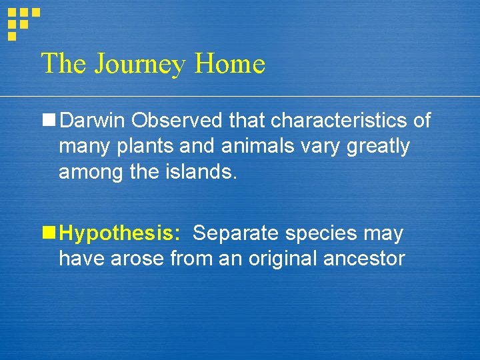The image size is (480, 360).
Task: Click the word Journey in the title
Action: coord(141,65)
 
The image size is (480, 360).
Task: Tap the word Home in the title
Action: coord(230,63)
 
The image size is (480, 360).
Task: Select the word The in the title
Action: coord(64,63)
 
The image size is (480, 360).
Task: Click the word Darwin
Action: coord(93,121)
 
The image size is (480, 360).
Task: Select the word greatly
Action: coord(378,146)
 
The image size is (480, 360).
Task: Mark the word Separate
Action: coord(233,234)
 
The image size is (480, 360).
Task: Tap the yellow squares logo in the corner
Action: coord(22,21)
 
